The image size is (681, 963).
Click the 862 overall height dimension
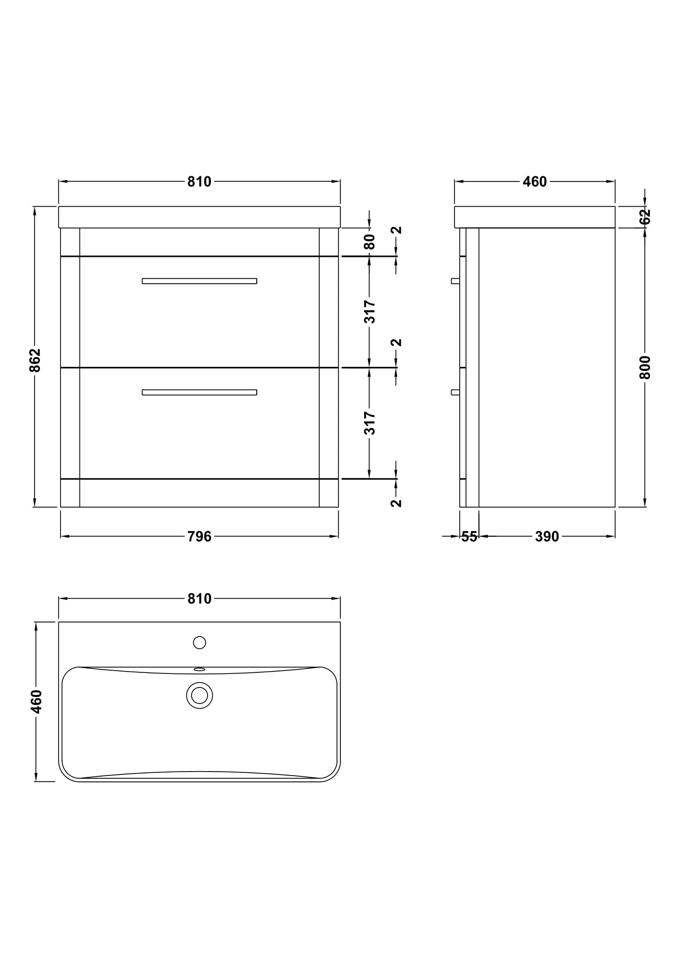pos(35,360)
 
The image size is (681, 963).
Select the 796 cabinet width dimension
pos(199,536)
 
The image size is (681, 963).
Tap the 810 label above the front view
pos(199,182)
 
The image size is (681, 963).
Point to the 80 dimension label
pos(369,242)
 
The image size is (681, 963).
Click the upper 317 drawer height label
pos(369,312)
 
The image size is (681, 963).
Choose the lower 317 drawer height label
pos(369,423)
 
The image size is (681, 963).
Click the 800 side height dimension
pos(645,367)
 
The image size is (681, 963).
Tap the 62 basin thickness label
pos(645,217)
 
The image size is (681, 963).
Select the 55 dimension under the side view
pos(469,536)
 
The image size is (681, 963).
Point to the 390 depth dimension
pos(547,536)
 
